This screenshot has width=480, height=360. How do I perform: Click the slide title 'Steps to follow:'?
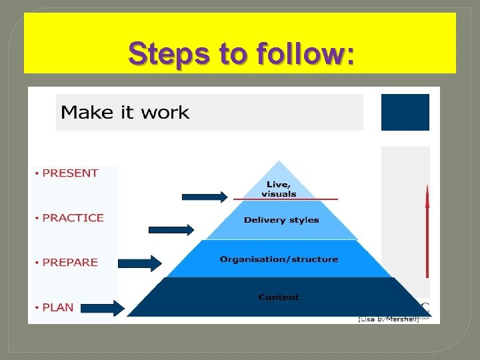pyautogui.click(x=241, y=53)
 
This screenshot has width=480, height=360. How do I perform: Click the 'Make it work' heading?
pyautogui.click(x=125, y=112)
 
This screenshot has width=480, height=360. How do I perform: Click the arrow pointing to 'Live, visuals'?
pyautogui.click(x=205, y=197)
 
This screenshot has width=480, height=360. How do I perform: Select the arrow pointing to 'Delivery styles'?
pyautogui.click(x=171, y=230)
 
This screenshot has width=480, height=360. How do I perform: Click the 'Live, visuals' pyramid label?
pyautogui.click(x=279, y=189)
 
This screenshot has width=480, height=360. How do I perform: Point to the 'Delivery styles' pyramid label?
pyautogui.click(x=281, y=220)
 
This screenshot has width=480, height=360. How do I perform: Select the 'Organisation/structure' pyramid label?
pyautogui.click(x=279, y=259)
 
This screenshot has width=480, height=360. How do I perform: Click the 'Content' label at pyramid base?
pyautogui.click(x=279, y=297)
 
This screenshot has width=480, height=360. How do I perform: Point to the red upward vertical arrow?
pyautogui.click(x=427, y=230)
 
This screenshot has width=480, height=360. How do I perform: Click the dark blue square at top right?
pyautogui.click(x=405, y=112)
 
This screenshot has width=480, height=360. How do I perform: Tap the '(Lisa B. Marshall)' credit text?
pyautogui.click(x=389, y=320)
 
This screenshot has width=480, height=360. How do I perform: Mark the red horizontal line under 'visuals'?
pyautogui.click(x=286, y=199)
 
